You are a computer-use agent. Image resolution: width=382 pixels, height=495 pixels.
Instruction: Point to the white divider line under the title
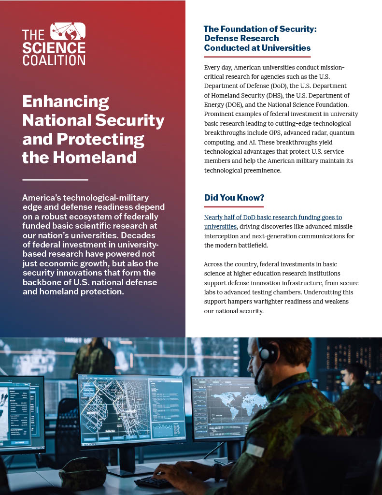[55, 180]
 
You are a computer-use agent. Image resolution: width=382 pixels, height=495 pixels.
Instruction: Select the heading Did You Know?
[234, 198]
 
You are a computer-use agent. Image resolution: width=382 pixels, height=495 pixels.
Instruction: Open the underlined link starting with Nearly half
[273, 218]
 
